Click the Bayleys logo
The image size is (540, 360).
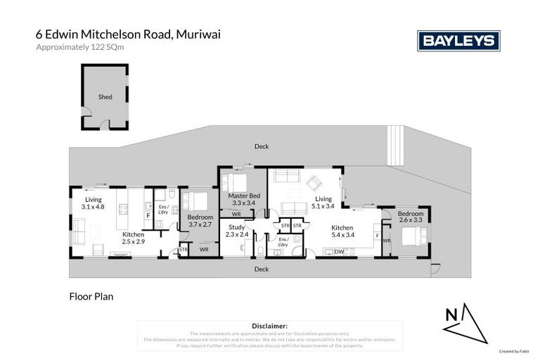(458, 41)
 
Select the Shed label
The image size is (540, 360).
(105, 97)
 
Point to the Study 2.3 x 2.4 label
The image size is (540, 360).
(236, 231)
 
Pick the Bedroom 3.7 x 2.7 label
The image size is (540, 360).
(200, 221)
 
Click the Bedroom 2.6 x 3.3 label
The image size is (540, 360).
(411, 217)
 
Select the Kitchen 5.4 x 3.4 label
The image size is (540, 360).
(342, 231)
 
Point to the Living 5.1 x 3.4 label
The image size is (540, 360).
(323, 203)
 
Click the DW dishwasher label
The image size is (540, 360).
(339, 252)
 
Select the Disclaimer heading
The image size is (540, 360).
(269, 326)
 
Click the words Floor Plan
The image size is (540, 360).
(91, 297)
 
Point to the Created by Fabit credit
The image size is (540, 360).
(513, 351)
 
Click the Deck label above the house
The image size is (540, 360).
(262, 146)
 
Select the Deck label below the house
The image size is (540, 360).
(262, 269)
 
